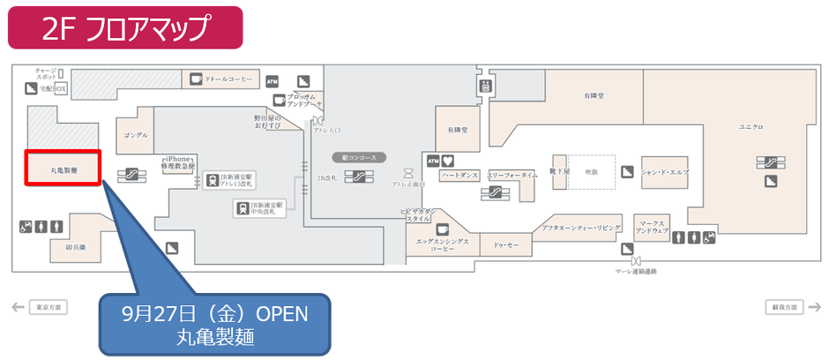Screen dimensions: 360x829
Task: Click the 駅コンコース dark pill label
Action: click(x=359, y=157)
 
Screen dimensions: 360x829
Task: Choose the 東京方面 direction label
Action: click(x=46, y=307)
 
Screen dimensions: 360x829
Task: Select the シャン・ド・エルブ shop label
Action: click(x=664, y=171)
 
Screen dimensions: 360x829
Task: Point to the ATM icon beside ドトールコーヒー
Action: click(x=273, y=79)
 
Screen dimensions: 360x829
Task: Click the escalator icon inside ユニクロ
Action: click(x=765, y=162)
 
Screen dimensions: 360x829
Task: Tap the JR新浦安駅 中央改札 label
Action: click(x=263, y=207)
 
